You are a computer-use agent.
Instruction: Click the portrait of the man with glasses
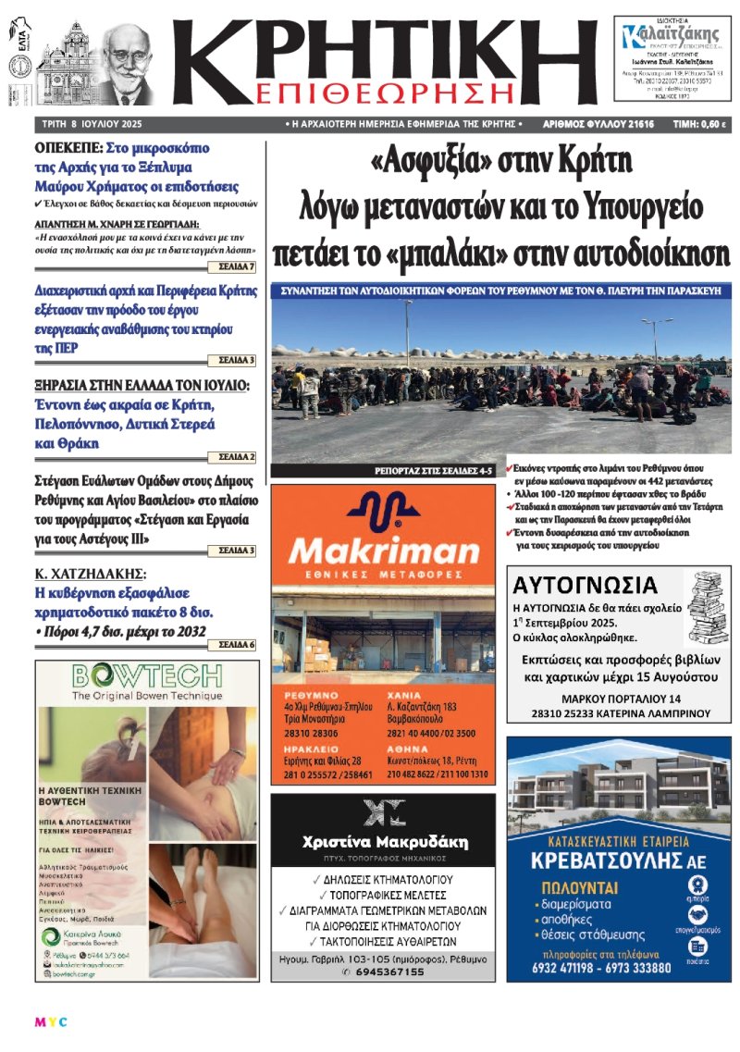tap(123, 64)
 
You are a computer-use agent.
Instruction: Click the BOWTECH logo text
tap(145, 674)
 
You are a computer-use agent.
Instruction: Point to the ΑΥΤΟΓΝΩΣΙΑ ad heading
tap(585, 585)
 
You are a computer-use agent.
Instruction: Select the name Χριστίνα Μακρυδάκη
tap(385, 843)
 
